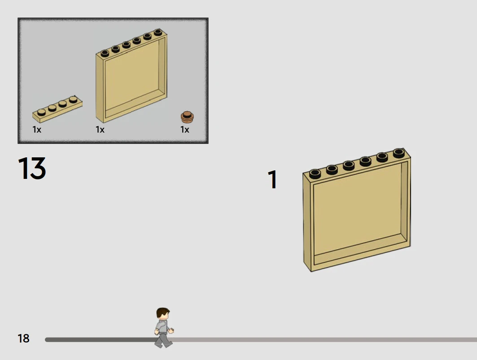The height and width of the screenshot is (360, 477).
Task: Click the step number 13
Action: [x=32, y=168]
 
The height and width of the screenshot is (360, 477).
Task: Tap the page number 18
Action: [x=23, y=338]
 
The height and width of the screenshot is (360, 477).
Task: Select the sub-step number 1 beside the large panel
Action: [x=272, y=179]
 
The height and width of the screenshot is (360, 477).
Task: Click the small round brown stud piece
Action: [x=187, y=117]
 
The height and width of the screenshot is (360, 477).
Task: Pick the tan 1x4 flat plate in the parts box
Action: [x=57, y=109]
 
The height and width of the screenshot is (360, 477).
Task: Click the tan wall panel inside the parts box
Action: [x=131, y=76]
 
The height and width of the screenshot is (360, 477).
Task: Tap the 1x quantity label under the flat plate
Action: [x=37, y=130]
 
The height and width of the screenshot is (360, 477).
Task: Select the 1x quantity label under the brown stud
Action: [x=185, y=130]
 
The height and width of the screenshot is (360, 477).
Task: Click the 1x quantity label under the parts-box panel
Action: [x=100, y=130]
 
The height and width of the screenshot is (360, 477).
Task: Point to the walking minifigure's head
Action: [x=163, y=313]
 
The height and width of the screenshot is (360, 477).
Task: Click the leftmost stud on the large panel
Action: [x=315, y=173]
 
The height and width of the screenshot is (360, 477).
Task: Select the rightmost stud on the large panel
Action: [x=399, y=153]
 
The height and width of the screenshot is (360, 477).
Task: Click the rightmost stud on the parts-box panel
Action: [x=158, y=32]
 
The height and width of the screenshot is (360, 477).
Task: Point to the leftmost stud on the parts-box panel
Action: [x=105, y=53]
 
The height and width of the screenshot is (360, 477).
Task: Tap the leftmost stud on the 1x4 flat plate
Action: [x=42, y=112]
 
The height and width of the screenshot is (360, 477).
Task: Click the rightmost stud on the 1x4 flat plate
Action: [x=73, y=99]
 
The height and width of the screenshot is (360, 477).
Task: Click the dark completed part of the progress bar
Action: [x=101, y=340]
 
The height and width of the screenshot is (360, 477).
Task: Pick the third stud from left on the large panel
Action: [x=349, y=165]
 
